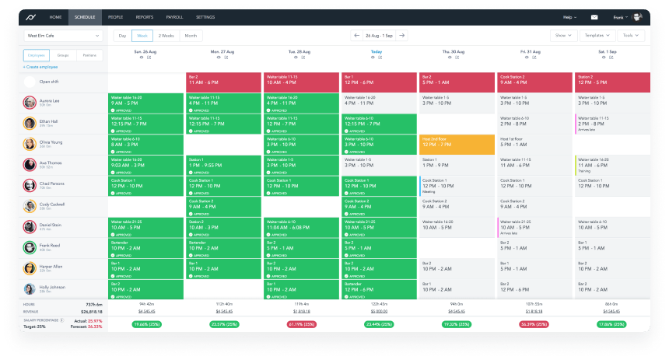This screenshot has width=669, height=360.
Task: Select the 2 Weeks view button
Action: (166, 36)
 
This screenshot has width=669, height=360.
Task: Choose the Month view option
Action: (191, 36)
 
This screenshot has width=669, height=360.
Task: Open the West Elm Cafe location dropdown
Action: (63, 36)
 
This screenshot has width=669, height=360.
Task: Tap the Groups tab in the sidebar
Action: (62, 56)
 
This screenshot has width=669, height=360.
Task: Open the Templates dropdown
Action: (596, 36)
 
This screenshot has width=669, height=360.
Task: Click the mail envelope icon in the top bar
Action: (594, 16)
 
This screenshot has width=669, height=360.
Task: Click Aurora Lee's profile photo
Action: (30, 103)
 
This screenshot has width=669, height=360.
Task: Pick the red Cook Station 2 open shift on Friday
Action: (534, 82)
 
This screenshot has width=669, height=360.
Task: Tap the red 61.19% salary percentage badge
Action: (302, 323)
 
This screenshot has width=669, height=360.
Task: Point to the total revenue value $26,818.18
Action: (92, 310)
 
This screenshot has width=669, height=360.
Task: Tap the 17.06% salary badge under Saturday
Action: (611, 323)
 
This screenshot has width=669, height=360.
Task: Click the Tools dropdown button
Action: (629, 36)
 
